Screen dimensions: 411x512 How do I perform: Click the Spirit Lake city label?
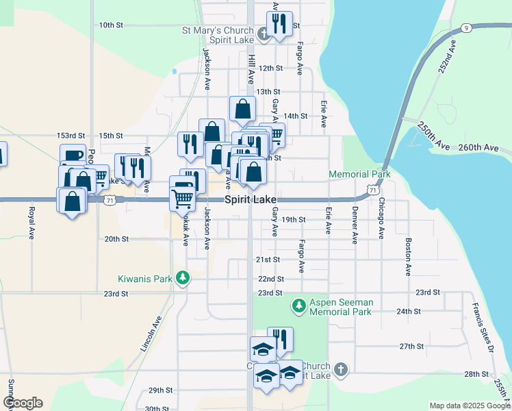[x=251, y=199]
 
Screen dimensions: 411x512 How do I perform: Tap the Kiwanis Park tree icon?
[x=182, y=277]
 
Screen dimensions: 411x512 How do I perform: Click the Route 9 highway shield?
[x=465, y=28]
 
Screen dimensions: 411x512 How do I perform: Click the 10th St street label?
[x=110, y=25]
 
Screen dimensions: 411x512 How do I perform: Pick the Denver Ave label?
[x=355, y=225]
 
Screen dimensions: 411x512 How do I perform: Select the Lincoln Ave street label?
[x=152, y=334]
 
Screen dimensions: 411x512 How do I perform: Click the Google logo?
[x=23, y=403]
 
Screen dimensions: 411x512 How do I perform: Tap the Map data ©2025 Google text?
[x=469, y=406]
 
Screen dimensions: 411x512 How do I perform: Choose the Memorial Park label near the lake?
[x=359, y=175]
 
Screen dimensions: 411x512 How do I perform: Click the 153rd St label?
[x=71, y=136]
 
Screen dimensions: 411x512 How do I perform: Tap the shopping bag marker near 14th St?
[x=242, y=109]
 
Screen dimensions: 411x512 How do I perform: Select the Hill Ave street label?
[x=252, y=65]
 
